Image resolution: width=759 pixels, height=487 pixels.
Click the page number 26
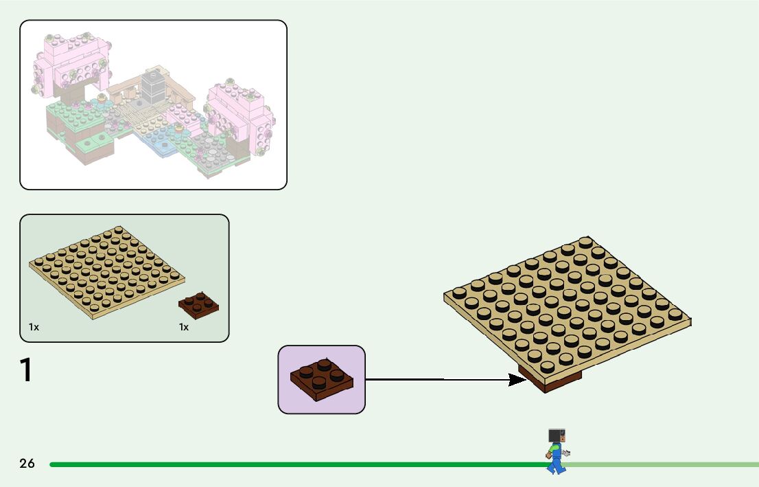[x=27, y=464]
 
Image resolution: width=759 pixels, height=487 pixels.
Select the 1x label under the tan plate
[x=34, y=328]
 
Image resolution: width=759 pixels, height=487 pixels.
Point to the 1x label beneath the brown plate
[x=184, y=328]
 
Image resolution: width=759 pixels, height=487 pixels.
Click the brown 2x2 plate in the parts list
[x=198, y=304]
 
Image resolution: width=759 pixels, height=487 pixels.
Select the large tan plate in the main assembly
[x=566, y=302]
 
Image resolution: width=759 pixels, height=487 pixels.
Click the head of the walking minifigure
[x=557, y=435]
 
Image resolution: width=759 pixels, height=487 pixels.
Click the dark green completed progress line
[x=275, y=464]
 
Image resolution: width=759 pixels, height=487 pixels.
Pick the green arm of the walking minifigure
[x=551, y=449]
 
